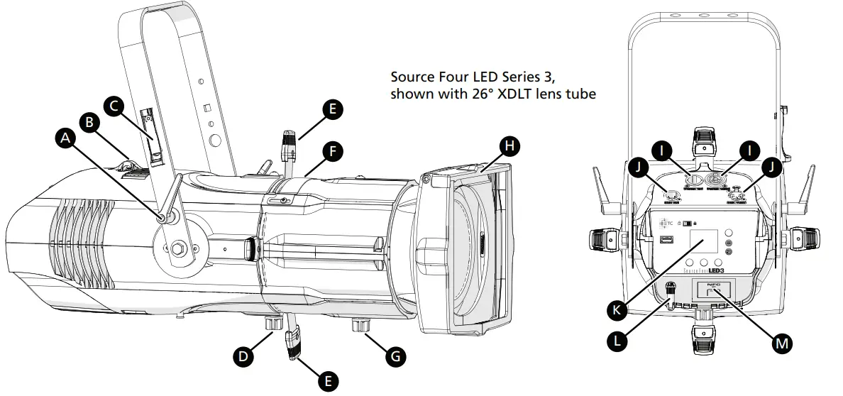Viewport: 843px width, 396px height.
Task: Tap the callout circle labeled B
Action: point(89,122)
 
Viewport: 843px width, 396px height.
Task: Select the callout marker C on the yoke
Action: point(114,105)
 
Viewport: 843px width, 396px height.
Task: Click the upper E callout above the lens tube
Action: point(331,109)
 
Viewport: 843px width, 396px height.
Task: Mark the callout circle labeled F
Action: point(331,150)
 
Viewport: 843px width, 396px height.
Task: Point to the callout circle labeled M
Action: point(781,343)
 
